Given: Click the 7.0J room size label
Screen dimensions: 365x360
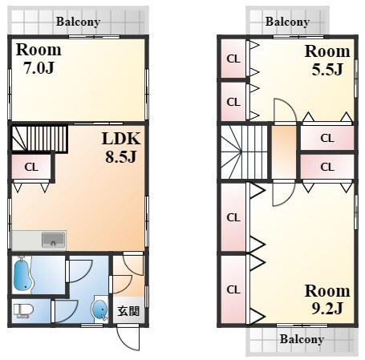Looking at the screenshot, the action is (39, 68).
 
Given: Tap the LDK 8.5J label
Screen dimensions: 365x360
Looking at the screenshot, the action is (121, 148).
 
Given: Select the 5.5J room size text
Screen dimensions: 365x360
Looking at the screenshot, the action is (327, 69).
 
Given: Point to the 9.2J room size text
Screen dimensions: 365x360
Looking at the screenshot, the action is (327, 309).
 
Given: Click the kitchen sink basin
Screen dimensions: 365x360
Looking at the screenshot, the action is (54, 240).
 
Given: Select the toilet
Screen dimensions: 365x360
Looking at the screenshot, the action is (23, 311).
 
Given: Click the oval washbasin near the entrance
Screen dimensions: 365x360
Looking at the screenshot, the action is (99, 309).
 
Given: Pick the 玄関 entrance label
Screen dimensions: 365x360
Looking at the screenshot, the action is (128, 311).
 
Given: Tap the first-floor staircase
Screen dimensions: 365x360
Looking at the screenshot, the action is (39, 138).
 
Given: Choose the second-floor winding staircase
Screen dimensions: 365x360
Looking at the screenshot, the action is (244, 152).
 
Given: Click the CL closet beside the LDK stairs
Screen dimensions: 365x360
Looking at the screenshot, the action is (31, 167).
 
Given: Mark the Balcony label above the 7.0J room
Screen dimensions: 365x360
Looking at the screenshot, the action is (78, 22).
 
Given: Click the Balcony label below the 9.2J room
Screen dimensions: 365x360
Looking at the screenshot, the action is (302, 339).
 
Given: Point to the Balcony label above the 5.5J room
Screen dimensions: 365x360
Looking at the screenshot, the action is (287, 22).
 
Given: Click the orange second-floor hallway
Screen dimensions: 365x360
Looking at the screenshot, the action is (284, 152).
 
